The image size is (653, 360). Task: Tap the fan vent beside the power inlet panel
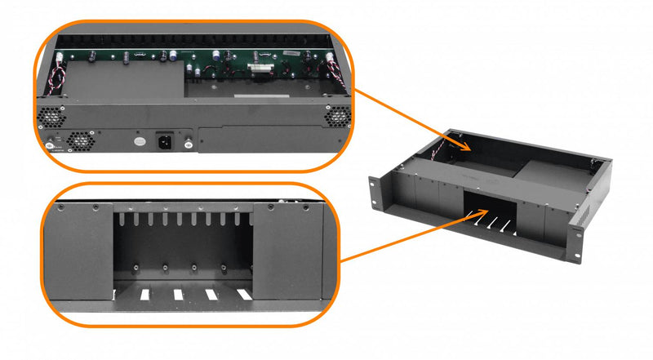[81, 142]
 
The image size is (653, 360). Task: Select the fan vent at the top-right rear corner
[335, 116]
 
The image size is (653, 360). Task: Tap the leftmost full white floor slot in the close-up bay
[144, 293]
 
